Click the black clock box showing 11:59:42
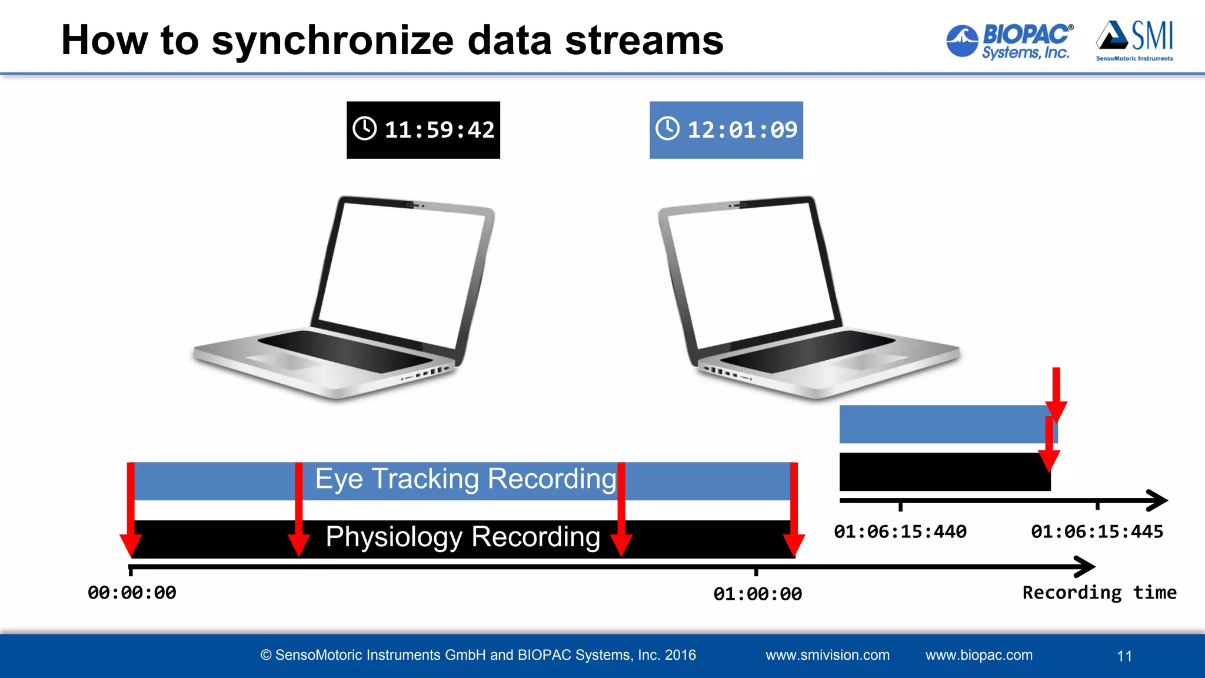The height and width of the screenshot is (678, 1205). tap(423, 130)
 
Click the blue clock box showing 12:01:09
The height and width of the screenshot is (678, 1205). tap(726, 130)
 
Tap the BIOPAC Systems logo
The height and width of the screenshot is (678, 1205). tap(1010, 41)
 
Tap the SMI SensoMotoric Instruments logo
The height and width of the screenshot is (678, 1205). tap(1134, 41)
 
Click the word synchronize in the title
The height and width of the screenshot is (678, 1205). tap(332, 41)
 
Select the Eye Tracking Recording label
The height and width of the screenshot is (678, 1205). tap(465, 479)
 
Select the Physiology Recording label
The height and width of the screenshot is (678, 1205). tap(462, 537)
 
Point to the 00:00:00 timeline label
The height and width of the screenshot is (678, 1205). tap(132, 593)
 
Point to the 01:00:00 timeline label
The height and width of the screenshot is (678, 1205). tap(757, 594)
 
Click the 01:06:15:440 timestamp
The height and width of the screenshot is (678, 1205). tap(900, 532)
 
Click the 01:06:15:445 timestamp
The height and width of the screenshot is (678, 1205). tap(1097, 532)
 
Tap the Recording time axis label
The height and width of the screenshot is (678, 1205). tap(1099, 593)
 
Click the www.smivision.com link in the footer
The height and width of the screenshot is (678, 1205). tap(827, 655)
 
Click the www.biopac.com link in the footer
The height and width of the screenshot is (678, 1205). tap(978, 655)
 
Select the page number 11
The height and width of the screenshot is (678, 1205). tap(1124, 656)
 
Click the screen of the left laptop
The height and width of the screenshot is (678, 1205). tap(400, 274)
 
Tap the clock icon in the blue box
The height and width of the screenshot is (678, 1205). tap(668, 128)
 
